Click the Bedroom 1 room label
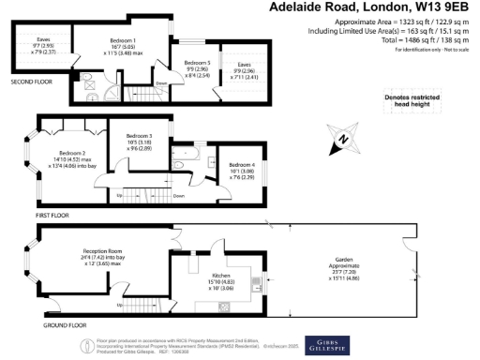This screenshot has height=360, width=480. [122, 41]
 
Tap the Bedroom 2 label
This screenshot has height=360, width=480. [72, 152]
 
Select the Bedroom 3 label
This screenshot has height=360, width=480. [138, 137]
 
